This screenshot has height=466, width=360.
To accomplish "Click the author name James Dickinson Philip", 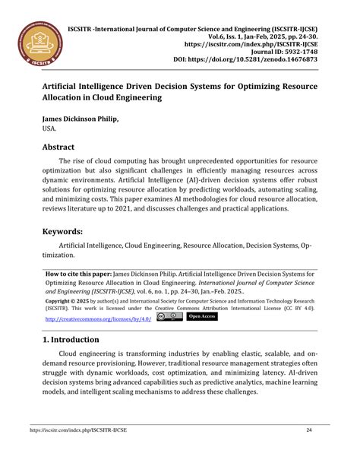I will [x=81, y=120].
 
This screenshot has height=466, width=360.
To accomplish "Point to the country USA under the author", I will [x=49, y=130].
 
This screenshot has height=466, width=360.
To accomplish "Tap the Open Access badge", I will [x=202, y=316].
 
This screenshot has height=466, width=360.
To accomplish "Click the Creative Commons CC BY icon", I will [x=169, y=316].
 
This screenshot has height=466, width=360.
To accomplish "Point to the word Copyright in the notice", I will [x=62, y=301].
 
